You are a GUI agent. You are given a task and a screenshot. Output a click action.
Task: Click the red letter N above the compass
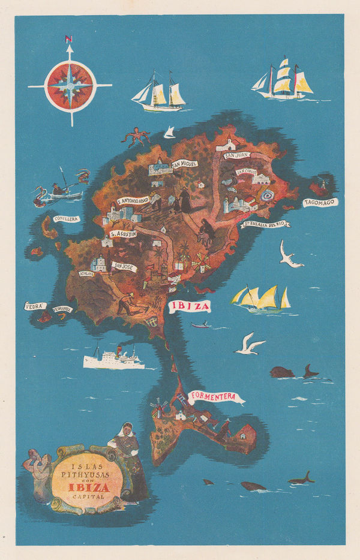(x=68, y=39)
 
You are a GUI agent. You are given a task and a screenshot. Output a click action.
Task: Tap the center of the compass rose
(x=70, y=86)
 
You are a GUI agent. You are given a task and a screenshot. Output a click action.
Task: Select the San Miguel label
(x=184, y=163)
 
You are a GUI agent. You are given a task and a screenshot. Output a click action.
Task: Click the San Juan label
(x=236, y=155)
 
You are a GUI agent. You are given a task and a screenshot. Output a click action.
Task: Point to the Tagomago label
(x=320, y=203)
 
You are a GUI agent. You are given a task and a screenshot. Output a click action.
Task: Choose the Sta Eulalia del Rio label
(x=266, y=224)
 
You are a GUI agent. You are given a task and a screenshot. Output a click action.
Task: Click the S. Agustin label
(x=123, y=233)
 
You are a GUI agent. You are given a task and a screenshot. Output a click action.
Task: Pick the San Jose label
(x=124, y=266)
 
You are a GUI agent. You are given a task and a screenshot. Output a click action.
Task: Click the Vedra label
(x=35, y=306)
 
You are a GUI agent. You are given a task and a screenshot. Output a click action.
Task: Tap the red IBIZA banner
(x=190, y=306)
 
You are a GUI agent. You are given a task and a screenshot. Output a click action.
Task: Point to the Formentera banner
(x=216, y=396)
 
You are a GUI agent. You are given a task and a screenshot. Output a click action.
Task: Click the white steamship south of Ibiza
(x=113, y=360)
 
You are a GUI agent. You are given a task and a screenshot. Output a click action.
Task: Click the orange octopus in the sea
(x=136, y=137)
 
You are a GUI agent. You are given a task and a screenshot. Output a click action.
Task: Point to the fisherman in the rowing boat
(x=59, y=188)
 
